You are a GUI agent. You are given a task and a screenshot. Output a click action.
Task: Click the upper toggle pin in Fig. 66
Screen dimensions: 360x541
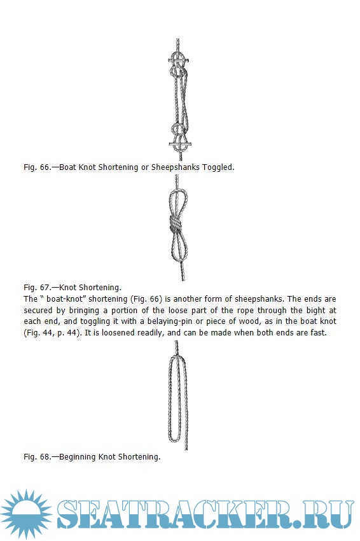point(178,60)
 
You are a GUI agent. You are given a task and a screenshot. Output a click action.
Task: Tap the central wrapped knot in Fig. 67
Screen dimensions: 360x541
point(175,225)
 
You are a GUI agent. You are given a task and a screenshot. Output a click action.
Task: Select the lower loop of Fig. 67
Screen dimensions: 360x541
point(177,247)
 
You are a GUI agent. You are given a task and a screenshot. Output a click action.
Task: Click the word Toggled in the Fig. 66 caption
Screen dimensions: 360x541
point(218,167)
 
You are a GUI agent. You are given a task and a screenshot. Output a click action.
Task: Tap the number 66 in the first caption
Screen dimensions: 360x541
point(45,167)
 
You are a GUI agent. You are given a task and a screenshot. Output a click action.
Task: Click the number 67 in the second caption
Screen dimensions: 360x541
point(45,288)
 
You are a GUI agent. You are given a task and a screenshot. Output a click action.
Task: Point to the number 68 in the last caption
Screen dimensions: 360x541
point(45,457)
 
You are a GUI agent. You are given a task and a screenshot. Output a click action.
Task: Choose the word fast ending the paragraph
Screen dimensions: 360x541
point(318,333)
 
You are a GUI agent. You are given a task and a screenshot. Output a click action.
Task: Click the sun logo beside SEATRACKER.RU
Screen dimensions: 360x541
point(26,514)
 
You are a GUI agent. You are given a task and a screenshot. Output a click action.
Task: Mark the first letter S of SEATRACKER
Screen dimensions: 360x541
point(67,514)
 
